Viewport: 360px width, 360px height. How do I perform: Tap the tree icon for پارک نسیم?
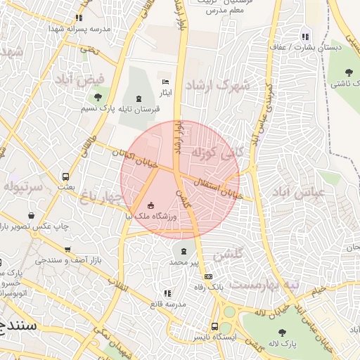[x=97, y=97]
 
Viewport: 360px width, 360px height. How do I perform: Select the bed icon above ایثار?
[x=166, y=82]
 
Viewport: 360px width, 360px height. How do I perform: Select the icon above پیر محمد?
[x=184, y=251]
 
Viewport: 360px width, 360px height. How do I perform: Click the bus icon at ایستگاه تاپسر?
[x=215, y=326]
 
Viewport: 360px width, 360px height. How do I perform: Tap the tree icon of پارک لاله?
[x=282, y=333]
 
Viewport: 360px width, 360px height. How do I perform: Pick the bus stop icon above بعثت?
[x=65, y=177]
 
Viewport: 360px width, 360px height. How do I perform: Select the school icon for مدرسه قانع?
[x=167, y=293]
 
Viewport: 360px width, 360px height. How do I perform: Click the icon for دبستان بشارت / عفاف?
[x=304, y=37]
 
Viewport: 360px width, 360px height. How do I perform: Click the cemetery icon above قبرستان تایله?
[x=139, y=98]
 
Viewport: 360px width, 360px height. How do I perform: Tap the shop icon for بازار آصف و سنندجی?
[x=67, y=250]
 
